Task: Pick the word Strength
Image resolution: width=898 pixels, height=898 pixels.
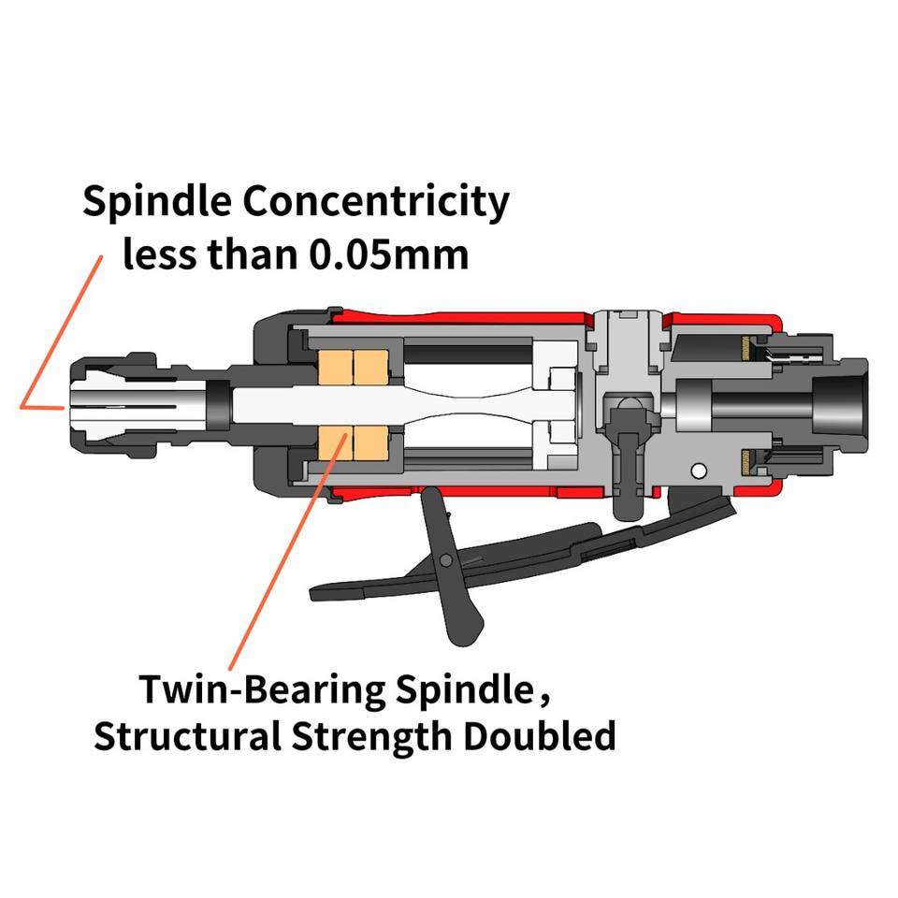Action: click(380, 736)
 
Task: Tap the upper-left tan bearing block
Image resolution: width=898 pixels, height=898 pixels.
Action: click(334, 367)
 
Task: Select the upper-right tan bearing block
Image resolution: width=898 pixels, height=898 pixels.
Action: click(370, 367)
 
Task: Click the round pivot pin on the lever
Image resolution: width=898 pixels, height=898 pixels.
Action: click(447, 560)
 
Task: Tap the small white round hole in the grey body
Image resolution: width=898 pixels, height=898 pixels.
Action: click(697, 469)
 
